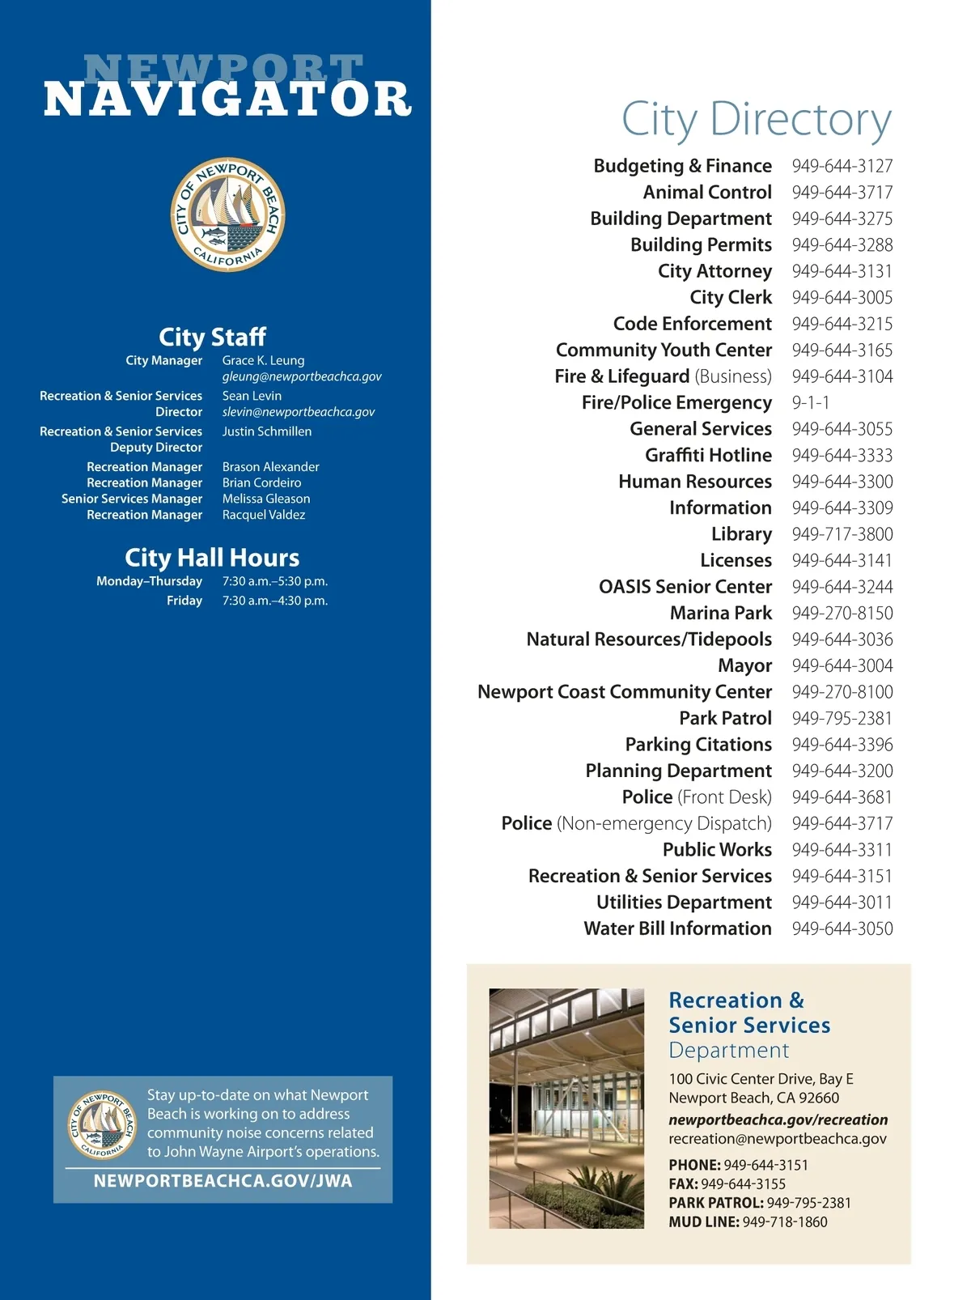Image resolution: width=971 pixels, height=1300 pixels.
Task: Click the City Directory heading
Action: [756, 120]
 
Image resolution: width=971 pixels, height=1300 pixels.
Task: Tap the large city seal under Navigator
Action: [228, 215]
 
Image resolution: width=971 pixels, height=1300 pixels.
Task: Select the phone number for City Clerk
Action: [842, 298]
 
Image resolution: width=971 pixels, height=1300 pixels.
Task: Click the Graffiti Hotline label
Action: [708, 456]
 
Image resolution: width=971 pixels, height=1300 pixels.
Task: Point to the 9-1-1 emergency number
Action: [810, 403]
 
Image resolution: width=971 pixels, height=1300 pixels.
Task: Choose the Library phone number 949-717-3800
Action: [842, 534]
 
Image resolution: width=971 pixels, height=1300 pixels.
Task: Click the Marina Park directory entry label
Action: [720, 614]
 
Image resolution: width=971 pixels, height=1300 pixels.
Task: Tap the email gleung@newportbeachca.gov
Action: [302, 376]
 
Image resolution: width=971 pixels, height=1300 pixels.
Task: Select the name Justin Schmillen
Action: [266, 431]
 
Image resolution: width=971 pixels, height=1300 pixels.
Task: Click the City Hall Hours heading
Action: [212, 558]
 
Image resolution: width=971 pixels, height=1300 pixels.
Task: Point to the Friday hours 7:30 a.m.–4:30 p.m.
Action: [274, 601]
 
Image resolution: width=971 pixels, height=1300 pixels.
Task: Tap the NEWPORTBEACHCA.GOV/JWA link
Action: [223, 1181]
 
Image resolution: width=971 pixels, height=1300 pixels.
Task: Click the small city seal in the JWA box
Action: [102, 1124]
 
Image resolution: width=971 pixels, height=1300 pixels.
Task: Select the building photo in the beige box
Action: [566, 1108]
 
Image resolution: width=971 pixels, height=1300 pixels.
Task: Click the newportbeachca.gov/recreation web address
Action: [778, 1119]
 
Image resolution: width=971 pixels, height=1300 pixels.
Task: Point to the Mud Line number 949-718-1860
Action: [784, 1222]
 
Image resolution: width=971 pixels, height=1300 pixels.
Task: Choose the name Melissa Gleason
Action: [265, 499]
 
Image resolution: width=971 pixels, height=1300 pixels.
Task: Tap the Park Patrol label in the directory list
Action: [725, 719]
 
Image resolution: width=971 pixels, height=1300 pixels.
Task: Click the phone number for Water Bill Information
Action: [842, 929]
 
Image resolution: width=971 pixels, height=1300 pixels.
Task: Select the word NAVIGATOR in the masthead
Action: [228, 100]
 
